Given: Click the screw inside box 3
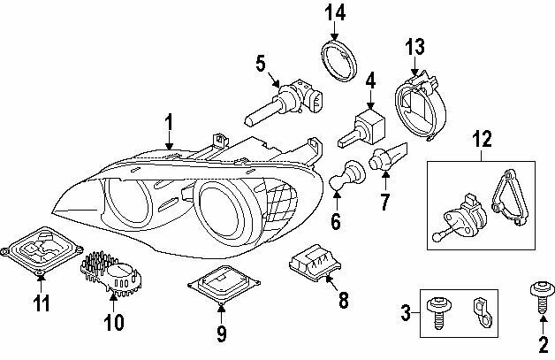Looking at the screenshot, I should pos(437,312).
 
